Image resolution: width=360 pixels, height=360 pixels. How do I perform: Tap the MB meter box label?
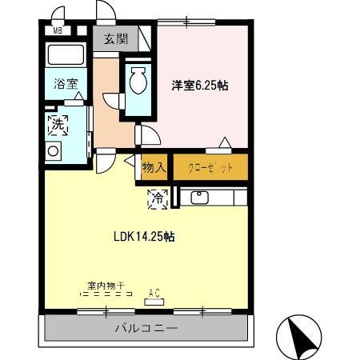pos(57,31)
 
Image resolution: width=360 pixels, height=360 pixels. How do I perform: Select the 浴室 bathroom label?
pos(65,82)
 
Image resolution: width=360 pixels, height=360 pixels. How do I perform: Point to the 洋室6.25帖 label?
pos(200,86)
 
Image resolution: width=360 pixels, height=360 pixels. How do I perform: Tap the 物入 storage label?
pos(154,167)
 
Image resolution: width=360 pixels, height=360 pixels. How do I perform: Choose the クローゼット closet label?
pos(210,168)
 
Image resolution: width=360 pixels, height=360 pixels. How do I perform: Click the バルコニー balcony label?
pos(146,327)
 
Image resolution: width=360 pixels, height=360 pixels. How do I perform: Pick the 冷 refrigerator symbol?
pos(158,198)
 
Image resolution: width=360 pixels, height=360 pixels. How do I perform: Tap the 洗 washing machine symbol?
pos(58,124)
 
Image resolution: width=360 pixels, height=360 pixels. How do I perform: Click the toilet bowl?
pos(137,80)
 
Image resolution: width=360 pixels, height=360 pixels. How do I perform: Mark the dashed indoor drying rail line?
pos(106,294)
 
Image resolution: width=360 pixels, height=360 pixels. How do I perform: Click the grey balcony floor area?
pos(80,328)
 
